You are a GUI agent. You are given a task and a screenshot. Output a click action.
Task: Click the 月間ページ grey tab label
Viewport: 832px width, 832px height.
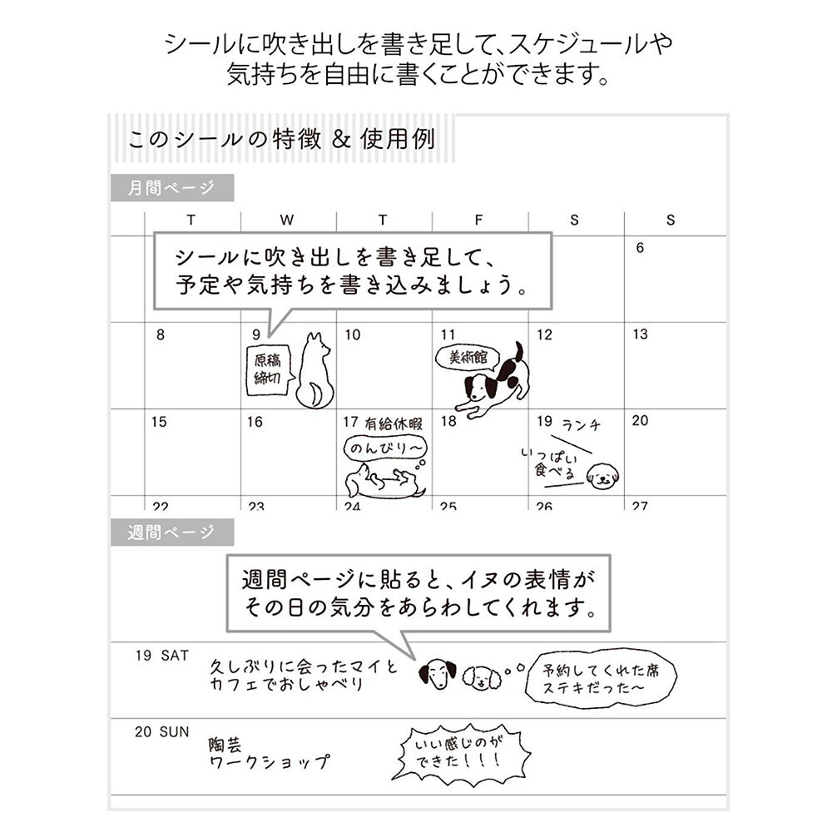click(171, 188)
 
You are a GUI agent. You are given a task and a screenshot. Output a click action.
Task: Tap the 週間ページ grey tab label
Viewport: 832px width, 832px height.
click(171, 532)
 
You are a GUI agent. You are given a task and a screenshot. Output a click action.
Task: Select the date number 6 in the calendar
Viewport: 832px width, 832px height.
click(640, 248)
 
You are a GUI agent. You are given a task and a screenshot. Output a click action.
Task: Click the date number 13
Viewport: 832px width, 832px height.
click(640, 334)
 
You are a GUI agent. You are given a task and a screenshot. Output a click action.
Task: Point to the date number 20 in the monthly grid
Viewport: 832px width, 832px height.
click(640, 421)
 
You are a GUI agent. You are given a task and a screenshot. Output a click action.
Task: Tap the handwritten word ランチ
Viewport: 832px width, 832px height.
click(581, 425)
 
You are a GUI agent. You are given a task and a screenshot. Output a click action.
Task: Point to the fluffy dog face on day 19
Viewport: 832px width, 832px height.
click(602, 477)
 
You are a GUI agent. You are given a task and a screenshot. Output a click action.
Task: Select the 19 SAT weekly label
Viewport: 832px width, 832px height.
click(162, 656)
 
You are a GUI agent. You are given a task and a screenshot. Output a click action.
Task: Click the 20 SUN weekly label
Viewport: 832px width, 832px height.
click(162, 732)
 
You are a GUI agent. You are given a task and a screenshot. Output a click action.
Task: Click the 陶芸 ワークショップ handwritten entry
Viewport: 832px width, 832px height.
click(268, 750)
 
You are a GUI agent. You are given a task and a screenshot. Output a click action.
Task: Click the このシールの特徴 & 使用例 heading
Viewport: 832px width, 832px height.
click(281, 138)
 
